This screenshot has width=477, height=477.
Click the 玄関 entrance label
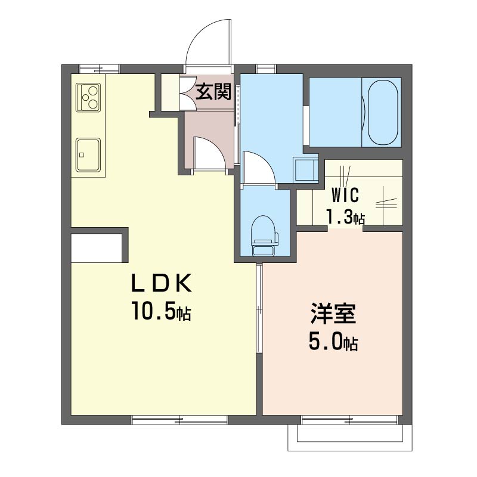click(x=213, y=91)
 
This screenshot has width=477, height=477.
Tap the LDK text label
click(x=161, y=283)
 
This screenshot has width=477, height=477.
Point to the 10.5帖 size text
click(x=161, y=311)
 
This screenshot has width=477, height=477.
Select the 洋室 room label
click(x=333, y=314)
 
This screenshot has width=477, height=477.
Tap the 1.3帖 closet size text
click(x=345, y=216)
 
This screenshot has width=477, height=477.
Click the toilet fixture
click(x=264, y=236)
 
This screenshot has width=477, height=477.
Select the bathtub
click(x=383, y=113)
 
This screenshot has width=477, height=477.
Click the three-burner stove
click(x=88, y=97)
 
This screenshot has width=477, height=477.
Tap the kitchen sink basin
click(x=88, y=155)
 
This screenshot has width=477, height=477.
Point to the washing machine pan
click(x=305, y=170)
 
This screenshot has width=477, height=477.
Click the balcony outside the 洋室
click(x=350, y=438)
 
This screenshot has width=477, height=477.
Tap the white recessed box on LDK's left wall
click(x=97, y=248)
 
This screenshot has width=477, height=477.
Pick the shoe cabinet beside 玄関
click(x=171, y=92)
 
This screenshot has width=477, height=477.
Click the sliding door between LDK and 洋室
click(x=259, y=308)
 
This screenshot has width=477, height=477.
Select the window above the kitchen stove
click(x=99, y=69)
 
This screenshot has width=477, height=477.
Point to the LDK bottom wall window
click(x=180, y=420)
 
